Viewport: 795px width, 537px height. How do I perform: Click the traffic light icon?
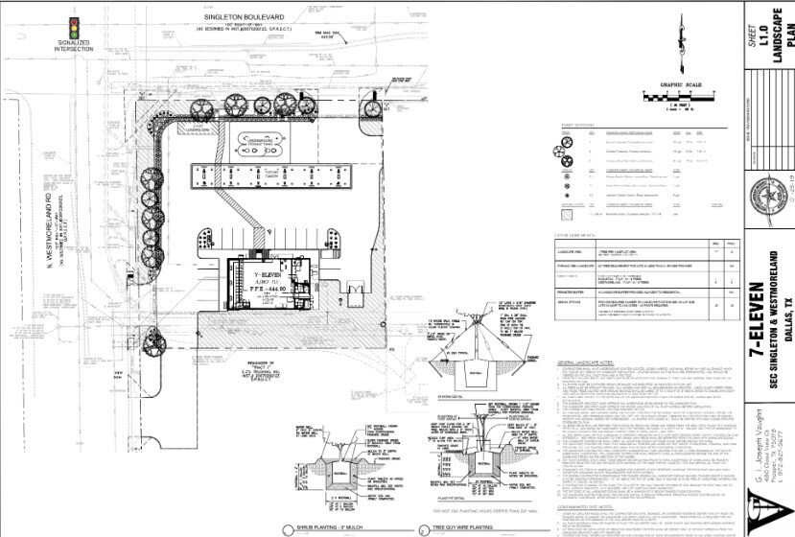coord(71,26)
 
